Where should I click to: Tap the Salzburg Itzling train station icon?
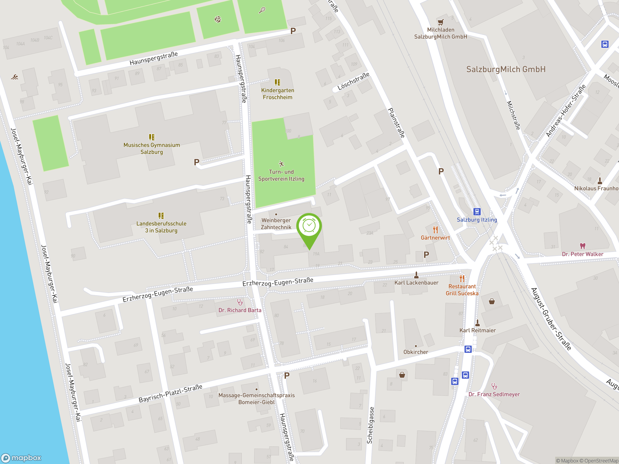coord(477,211)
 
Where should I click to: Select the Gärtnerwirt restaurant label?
coord(435,238)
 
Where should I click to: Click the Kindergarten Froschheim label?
coord(277,94)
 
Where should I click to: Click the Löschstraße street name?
coord(353,81)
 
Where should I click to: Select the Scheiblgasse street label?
coord(370,425)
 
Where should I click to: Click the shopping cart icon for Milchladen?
coord(441,22)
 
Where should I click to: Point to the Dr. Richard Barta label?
coord(240,310)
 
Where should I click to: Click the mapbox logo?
coord(21,458)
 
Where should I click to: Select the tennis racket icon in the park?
coord(262,10)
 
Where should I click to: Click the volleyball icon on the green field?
coord(218,19)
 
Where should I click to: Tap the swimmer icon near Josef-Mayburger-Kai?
coord(15,77)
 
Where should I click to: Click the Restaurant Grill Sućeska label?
coord(462,290)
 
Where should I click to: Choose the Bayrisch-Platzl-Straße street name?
coord(170,393)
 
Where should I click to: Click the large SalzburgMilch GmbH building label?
coord(506,69)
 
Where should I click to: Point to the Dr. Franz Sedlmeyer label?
coord(494,394)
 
